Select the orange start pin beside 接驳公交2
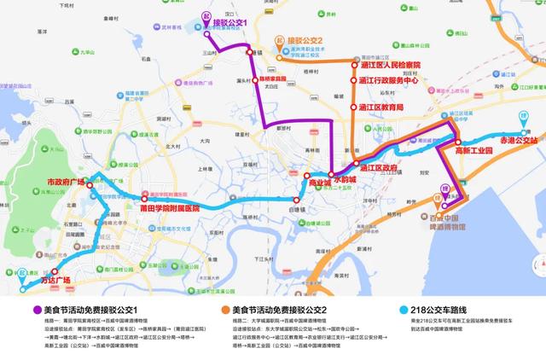click(x=279, y=41)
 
